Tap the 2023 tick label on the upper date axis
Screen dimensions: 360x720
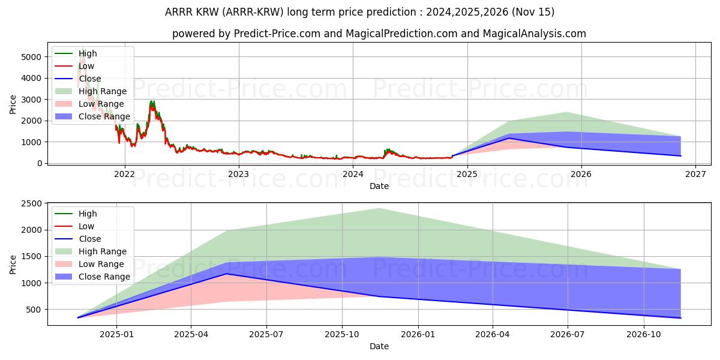239,175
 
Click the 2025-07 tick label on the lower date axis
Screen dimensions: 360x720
266,335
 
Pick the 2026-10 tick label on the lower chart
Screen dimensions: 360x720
644,335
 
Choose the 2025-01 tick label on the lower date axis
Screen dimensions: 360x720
116,335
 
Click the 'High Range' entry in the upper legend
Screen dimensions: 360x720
103,91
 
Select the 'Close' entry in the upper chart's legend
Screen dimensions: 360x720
90,79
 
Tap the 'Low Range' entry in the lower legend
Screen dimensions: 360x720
101,264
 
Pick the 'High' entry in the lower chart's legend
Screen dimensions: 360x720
88,214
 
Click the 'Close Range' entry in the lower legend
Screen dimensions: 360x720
104,277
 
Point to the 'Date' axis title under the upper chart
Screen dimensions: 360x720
379,186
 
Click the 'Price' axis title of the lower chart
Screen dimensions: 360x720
13,264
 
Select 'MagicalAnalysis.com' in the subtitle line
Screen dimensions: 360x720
536,34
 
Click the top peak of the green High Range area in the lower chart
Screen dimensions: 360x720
379,208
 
